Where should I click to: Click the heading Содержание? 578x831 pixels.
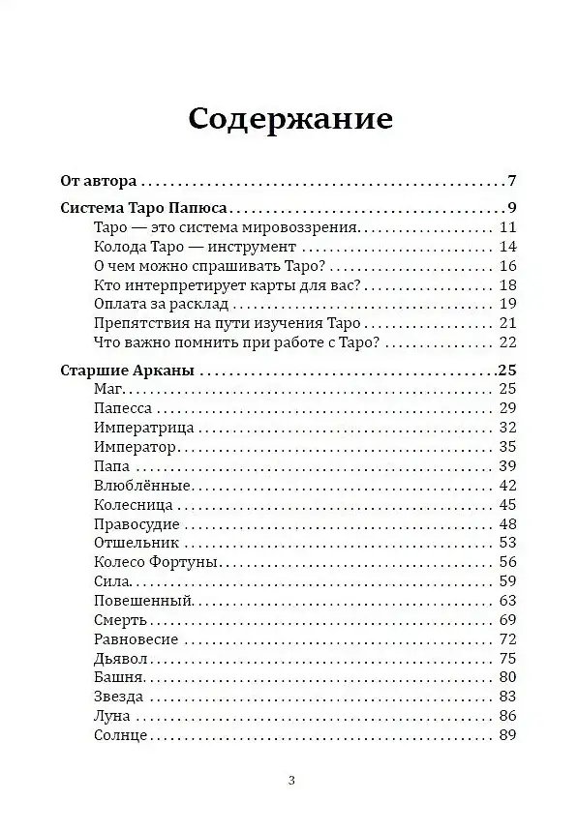[289, 119]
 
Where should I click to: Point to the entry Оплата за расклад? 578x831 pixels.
[160, 304]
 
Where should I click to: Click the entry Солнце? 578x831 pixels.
[122, 735]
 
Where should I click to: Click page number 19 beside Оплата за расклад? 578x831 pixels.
[508, 304]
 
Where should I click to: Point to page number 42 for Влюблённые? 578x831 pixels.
[508, 485]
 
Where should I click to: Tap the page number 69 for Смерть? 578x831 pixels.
[508, 619]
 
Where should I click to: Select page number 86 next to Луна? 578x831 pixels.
[508, 716]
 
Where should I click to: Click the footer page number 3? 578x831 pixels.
[291, 781]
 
